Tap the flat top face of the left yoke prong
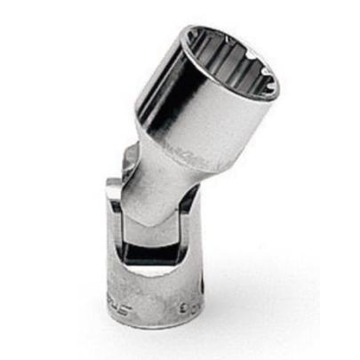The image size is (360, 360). (x=114, y=185)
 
